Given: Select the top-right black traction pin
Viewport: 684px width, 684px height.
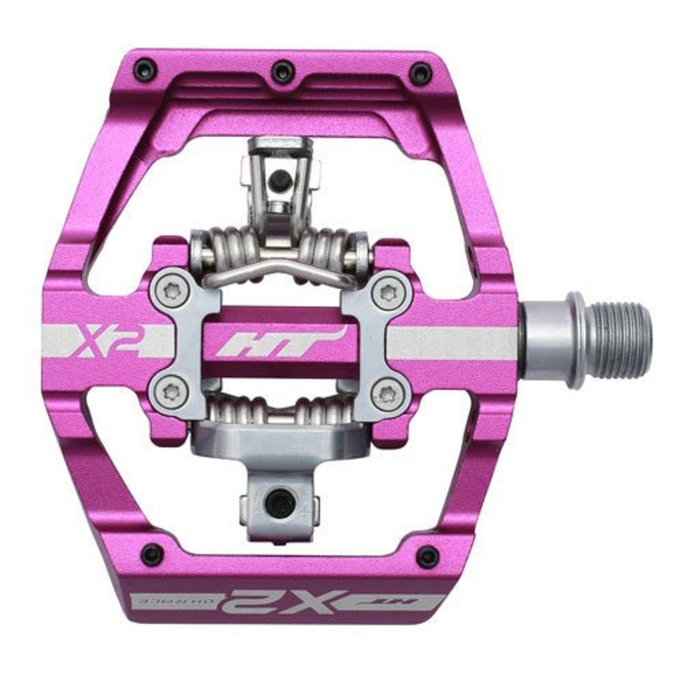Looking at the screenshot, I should pyautogui.click(x=421, y=73).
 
